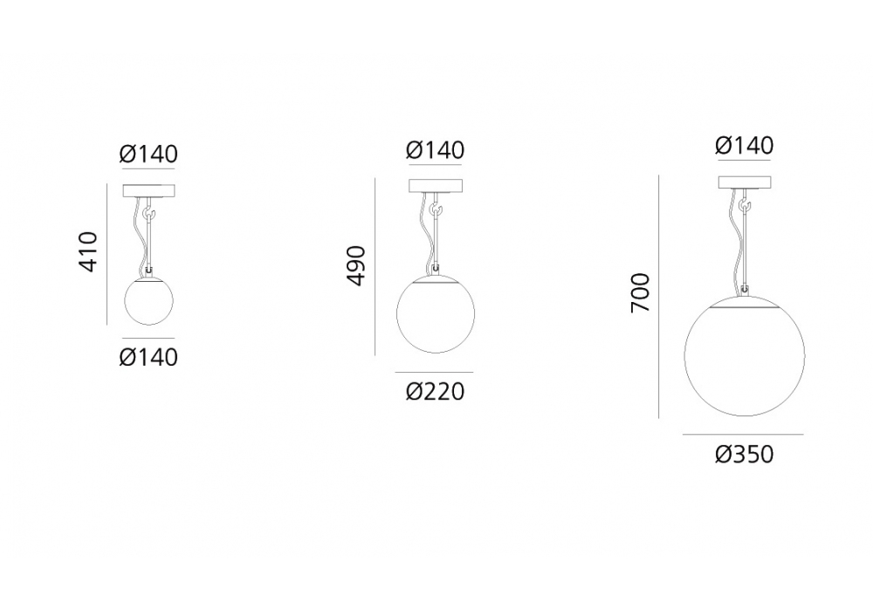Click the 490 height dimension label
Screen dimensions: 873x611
[x=356, y=266]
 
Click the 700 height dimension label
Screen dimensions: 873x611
[x=641, y=292]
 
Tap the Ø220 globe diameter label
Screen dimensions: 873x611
[x=435, y=392]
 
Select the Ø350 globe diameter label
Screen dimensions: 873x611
[x=745, y=455]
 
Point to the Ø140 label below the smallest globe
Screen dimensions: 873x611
[x=148, y=357]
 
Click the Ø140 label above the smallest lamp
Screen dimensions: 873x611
[x=148, y=154]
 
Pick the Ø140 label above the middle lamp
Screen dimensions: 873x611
[x=435, y=150]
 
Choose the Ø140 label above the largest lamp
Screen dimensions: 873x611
[x=745, y=146]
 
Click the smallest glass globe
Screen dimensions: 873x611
[x=148, y=301]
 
